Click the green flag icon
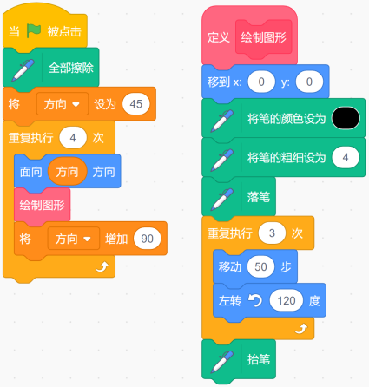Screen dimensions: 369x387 [34, 30]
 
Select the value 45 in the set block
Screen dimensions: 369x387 [136, 104]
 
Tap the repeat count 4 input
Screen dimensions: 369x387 [73, 138]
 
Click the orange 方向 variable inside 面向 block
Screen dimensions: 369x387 [67, 172]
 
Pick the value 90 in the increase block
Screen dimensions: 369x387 [147, 239]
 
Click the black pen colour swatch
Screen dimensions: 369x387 [346, 118]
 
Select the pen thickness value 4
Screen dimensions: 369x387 [346, 158]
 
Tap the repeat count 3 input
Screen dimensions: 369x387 [272, 233]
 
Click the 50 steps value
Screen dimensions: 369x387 [260, 266]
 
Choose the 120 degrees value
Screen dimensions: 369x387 [287, 301]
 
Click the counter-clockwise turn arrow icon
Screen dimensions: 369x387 [255, 301]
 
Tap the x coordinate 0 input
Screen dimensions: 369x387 [261, 82]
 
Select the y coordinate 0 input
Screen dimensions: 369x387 [309, 82]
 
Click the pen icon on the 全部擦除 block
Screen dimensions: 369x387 [23, 70]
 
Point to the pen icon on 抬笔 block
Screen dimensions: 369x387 [222, 362]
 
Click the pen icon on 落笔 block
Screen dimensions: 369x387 [222, 200]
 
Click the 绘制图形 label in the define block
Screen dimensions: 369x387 [264, 37]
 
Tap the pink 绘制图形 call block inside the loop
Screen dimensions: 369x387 [43, 206]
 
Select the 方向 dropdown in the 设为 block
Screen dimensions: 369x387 [63, 104]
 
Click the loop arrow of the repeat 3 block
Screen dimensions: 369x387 [301, 329]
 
